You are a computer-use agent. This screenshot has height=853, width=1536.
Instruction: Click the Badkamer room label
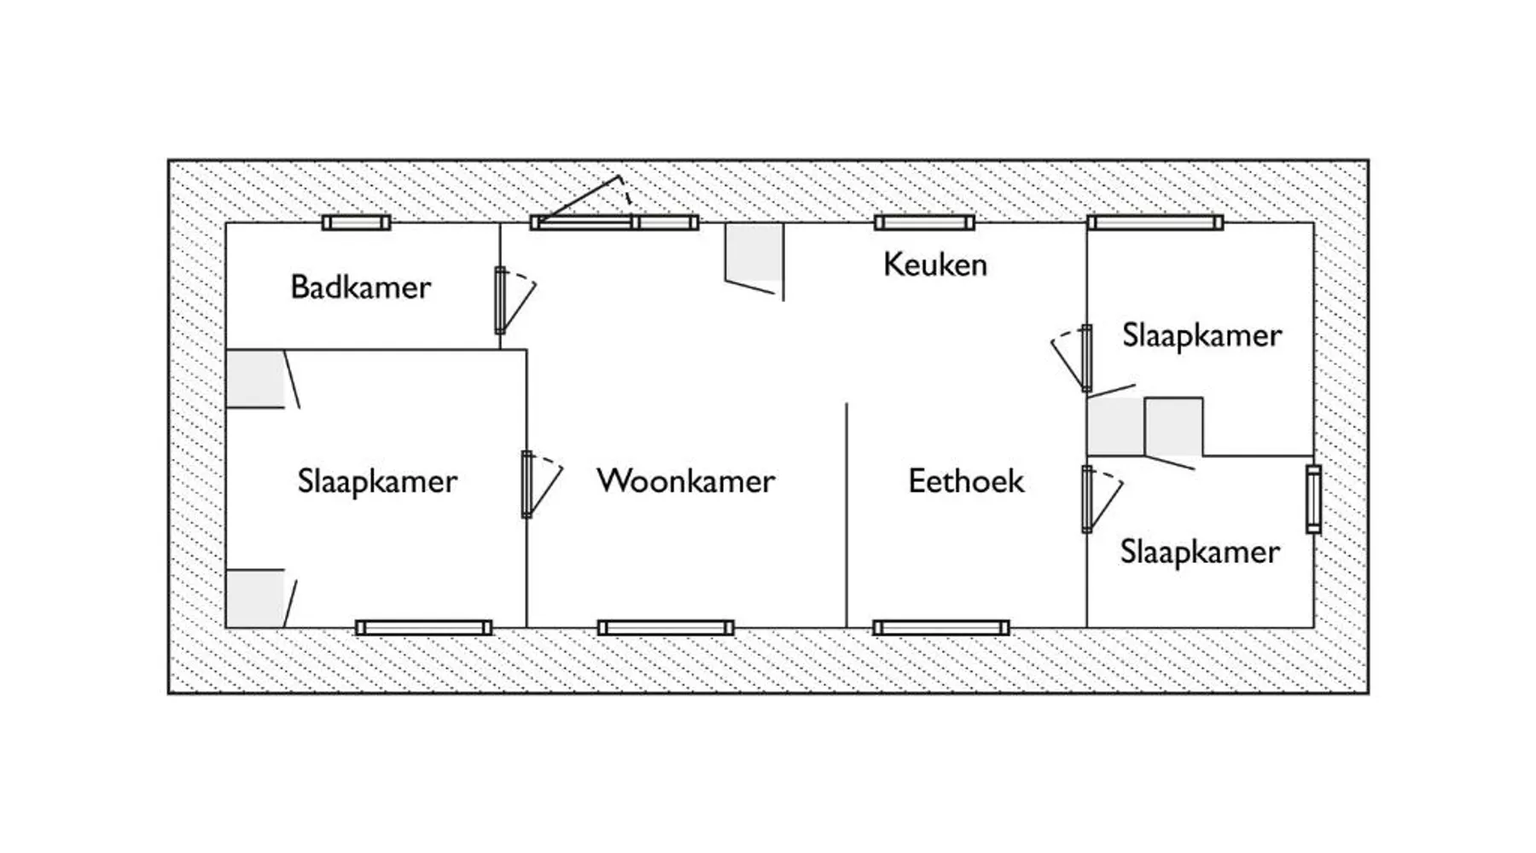(x=360, y=287)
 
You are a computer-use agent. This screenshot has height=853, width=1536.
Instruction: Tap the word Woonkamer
(x=686, y=481)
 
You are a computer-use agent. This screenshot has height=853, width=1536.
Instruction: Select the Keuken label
(x=935, y=264)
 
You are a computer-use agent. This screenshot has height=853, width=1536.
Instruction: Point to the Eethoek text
(x=966, y=481)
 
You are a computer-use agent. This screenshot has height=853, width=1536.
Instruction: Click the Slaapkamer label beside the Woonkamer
(x=377, y=482)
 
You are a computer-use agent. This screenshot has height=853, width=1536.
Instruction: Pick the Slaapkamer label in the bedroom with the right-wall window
(x=1200, y=553)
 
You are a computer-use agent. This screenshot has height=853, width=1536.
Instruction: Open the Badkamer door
(x=501, y=300)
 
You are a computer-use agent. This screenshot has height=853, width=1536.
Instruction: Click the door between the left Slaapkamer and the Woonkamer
(x=527, y=485)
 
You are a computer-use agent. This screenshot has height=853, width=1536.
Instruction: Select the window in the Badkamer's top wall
(x=356, y=223)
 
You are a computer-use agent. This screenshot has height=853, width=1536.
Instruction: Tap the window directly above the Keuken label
(x=924, y=223)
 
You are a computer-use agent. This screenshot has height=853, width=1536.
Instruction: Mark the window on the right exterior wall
(x=1313, y=499)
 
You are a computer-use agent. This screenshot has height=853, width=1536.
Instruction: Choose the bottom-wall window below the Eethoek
(x=941, y=629)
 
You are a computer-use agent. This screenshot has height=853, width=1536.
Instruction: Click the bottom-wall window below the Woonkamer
(x=666, y=629)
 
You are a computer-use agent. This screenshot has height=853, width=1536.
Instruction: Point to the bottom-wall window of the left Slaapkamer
(x=423, y=629)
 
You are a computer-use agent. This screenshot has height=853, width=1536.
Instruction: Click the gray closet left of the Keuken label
(x=753, y=252)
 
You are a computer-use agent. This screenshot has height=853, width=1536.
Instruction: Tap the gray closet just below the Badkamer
(x=255, y=379)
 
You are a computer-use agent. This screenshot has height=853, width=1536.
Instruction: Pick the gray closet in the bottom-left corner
(x=255, y=599)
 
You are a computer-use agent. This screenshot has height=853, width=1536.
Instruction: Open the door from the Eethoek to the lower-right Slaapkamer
(x=1087, y=499)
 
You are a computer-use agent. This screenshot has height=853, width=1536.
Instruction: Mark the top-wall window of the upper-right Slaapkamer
(x=1155, y=223)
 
